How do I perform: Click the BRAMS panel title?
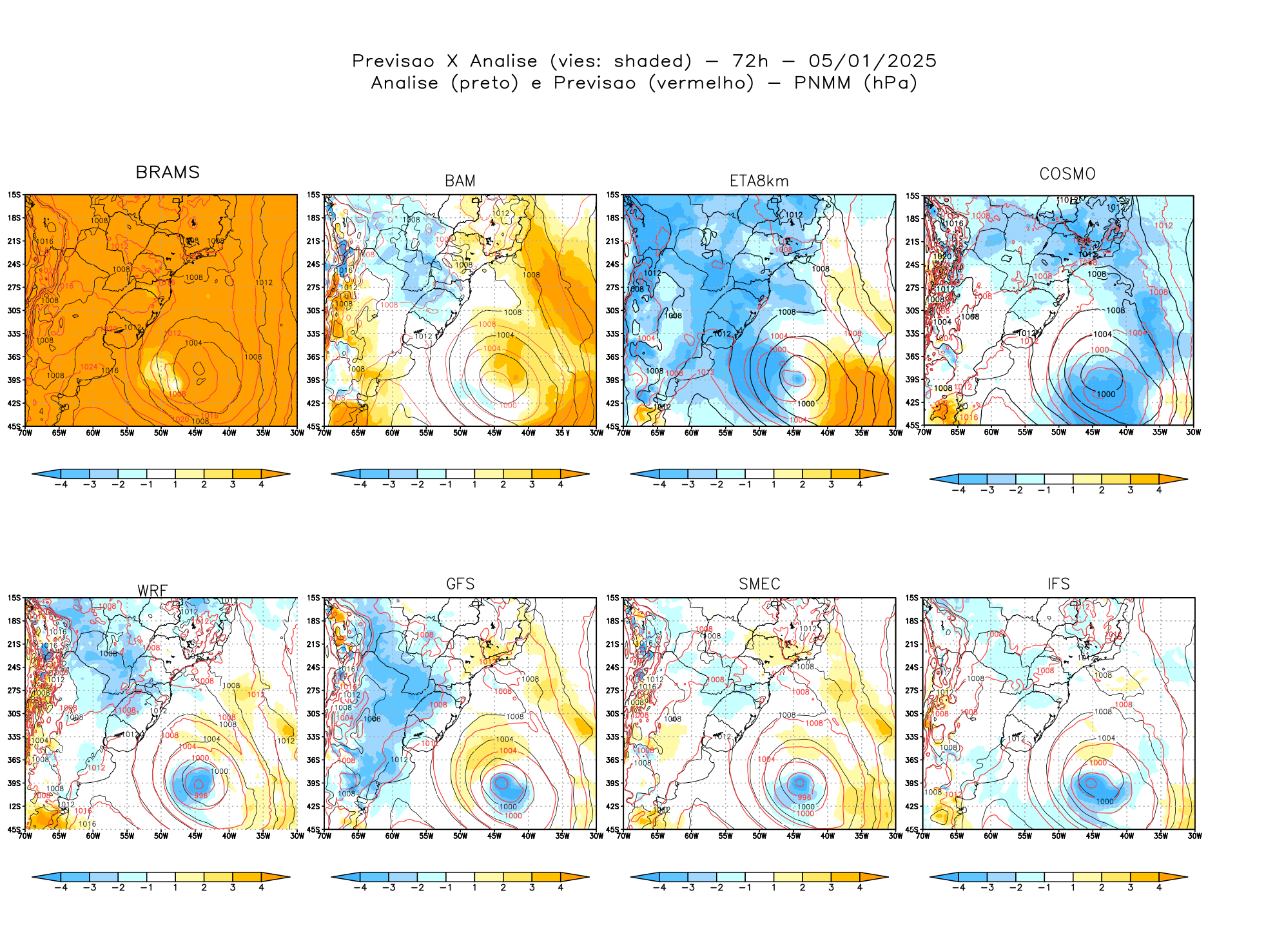click(168, 173)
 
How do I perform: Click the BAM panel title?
click(460, 181)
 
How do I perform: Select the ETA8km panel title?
click(759, 181)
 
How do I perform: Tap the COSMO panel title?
click(1067, 174)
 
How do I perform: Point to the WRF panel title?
click(153, 591)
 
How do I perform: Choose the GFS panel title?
click(460, 584)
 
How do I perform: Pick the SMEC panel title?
click(759, 584)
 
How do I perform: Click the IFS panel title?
click(1058, 584)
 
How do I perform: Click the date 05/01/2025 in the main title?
click(872, 61)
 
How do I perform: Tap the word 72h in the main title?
click(750, 61)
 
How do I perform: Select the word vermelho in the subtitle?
click(701, 83)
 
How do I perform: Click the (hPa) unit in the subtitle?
click(890, 83)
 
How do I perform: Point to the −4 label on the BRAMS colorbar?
click(61, 484)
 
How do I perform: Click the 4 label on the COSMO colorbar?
click(1159, 490)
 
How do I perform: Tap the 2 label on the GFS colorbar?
click(503, 887)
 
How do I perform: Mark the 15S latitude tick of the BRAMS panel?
click(14, 195)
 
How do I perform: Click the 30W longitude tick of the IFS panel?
click(1194, 836)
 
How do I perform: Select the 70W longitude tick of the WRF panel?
click(25, 836)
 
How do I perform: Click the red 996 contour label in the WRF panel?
click(201, 795)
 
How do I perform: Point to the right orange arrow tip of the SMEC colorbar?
click(884, 877)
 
